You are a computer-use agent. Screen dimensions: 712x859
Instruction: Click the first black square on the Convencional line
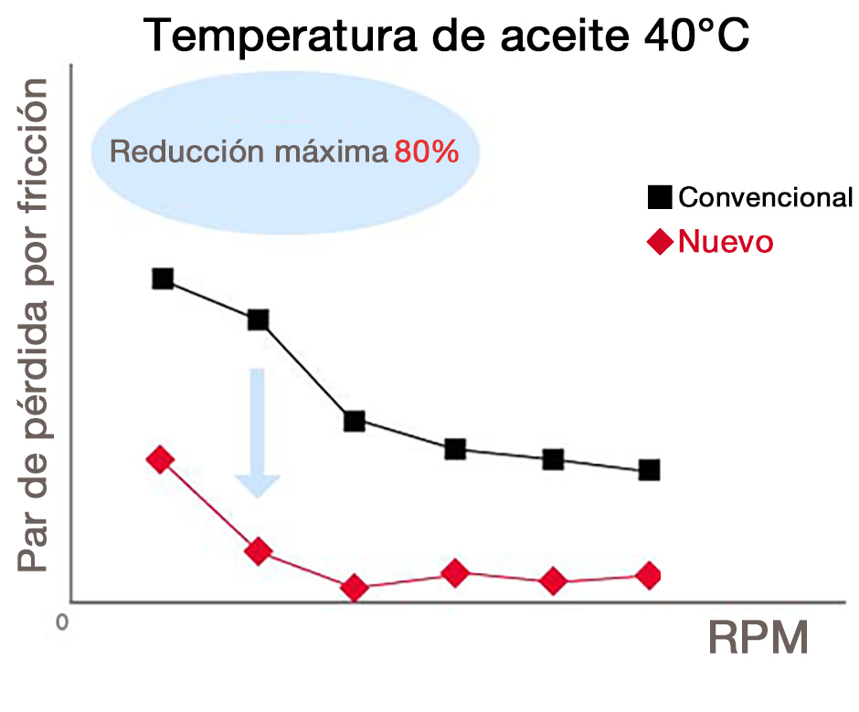pos(163,278)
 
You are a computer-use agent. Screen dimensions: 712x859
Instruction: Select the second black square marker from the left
pos(258,319)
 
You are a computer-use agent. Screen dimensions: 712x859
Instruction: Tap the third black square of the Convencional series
pos(355,421)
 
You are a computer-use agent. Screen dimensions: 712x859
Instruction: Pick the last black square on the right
pos(649,470)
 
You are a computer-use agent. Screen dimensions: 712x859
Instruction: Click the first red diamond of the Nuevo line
pos(160,459)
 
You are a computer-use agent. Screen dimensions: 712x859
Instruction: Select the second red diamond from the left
pos(259,550)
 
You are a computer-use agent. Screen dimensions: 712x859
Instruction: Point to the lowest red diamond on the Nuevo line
pos(355,589)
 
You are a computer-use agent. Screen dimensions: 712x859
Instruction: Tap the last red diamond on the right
pos(648,575)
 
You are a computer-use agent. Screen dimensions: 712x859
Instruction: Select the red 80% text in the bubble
pos(426,152)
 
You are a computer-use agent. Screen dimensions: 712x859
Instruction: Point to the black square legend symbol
pos(660,196)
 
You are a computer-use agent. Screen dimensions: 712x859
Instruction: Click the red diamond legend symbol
pos(660,242)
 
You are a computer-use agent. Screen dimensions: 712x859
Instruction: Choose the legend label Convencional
pos(766,196)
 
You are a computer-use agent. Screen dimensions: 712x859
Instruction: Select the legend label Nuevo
pos(726,242)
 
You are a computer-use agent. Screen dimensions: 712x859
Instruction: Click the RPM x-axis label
pos(758,639)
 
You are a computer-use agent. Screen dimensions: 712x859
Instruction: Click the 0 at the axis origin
pos(61,623)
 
